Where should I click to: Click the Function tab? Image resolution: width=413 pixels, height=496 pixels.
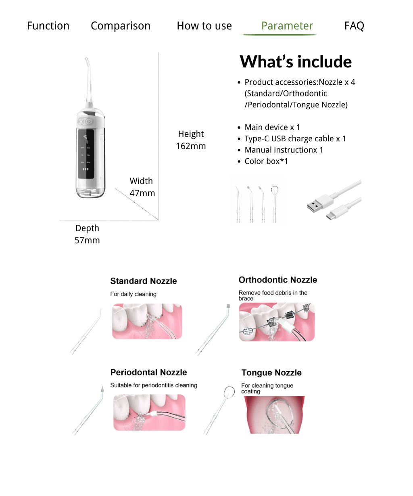pos(48,26)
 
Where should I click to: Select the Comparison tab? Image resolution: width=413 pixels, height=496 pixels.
pos(120,26)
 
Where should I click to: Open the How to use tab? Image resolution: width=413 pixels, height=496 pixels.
pos(204,26)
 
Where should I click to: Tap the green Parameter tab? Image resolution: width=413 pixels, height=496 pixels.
pos(287,26)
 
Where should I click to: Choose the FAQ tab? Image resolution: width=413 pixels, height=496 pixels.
pos(354,26)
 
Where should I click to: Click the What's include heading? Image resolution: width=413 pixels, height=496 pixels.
pos(296,62)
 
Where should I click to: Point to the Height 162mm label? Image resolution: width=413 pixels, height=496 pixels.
pos(191,140)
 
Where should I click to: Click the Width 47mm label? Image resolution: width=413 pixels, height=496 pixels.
pos(142,187)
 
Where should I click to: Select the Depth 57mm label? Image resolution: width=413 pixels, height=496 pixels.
pos(87,234)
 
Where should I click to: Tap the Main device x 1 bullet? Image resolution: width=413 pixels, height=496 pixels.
pos(272,128)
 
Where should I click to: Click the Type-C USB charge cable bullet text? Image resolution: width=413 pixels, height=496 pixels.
pos(295,139)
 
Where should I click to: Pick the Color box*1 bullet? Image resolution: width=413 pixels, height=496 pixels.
pos(266,161)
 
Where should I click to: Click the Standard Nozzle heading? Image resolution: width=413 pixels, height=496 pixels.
pos(144,281)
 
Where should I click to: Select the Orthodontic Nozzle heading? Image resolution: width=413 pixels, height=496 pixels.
pos(277,280)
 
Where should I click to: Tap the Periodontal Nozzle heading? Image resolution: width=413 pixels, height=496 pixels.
pos(148,372)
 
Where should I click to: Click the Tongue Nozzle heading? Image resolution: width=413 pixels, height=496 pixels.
pos(271,373)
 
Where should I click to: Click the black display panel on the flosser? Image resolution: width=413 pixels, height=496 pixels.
pos(86,155)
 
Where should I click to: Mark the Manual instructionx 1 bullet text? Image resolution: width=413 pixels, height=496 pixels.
pos(284,150)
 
